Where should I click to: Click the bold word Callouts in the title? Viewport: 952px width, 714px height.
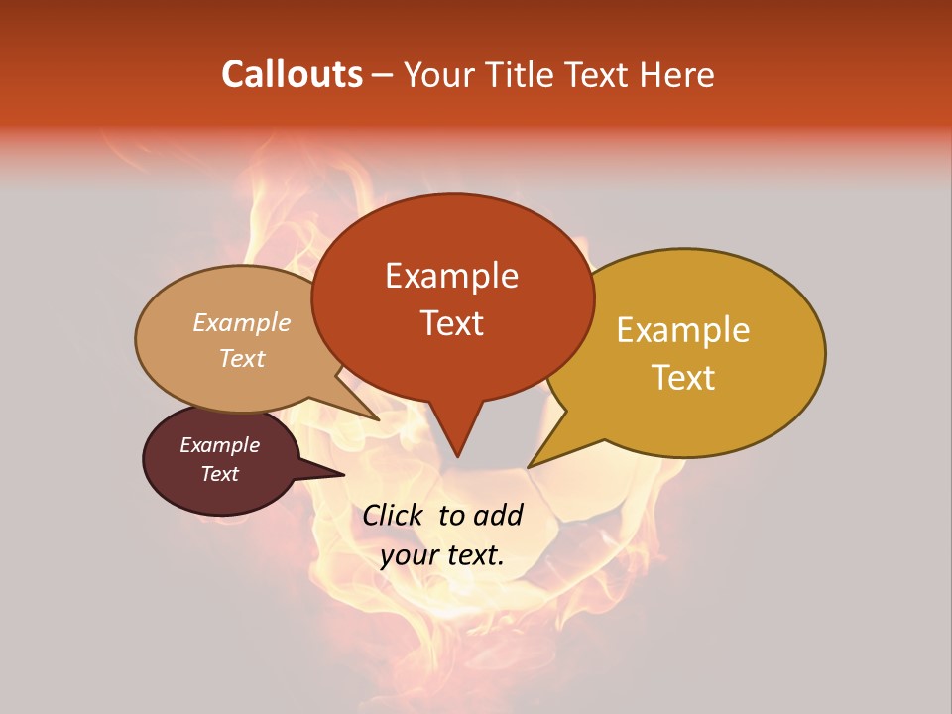pyautogui.click(x=292, y=74)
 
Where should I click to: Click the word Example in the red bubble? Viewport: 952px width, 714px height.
pyautogui.click(x=451, y=276)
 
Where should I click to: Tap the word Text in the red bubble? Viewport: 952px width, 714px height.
pyautogui.click(x=451, y=323)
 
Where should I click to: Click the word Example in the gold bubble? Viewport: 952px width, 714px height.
pyautogui.click(x=683, y=330)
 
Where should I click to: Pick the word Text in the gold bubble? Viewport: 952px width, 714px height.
pyautogui.click(x=683, y=378)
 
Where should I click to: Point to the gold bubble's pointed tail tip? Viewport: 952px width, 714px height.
pyautogui.click(x=529, y=466)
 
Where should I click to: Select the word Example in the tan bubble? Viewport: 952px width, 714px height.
pyautogui.click(x=241, y=323)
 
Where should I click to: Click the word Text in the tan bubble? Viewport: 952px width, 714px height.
pyautogui.click(x=241, y=359)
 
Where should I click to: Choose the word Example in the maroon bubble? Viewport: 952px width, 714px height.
pyautogui.click(x=219, y=445)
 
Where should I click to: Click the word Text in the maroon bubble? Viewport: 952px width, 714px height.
pyautogui.click(x=219, y=474)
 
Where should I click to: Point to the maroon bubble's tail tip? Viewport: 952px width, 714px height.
pyautogui.click(x=344, y=474)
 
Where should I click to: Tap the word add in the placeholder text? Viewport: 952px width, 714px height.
pyautogui.click(x=497, y=515)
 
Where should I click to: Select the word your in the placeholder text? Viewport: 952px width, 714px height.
pyautogui.click(x=409, y=555)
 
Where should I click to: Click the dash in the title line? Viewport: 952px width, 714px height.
pyautogui.click(x=383, y=75)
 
